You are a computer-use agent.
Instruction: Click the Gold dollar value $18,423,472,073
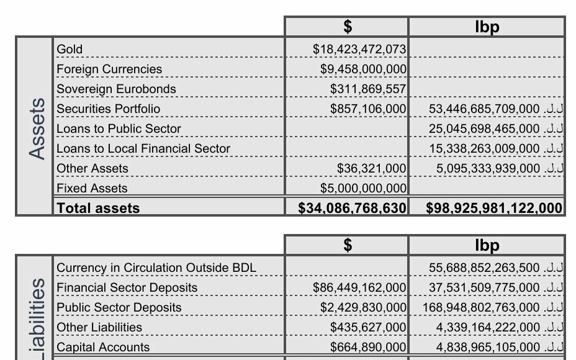359,49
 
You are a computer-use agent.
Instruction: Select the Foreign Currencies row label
109,69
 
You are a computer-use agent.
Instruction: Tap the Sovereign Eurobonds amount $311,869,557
368,89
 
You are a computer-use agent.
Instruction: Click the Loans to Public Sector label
119,128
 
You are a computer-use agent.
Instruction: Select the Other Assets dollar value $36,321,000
371,168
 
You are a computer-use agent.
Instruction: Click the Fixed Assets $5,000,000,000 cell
363,188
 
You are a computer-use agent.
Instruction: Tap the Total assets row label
98,208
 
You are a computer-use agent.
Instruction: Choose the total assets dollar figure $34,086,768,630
353,208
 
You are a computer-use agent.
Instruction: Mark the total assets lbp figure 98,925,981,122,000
495,208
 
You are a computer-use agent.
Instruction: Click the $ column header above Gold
348,27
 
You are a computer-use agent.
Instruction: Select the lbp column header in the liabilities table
487,245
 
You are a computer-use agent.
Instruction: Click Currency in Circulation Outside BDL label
156,268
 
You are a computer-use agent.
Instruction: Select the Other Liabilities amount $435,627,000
368,327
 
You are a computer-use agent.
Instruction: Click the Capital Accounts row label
103,347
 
